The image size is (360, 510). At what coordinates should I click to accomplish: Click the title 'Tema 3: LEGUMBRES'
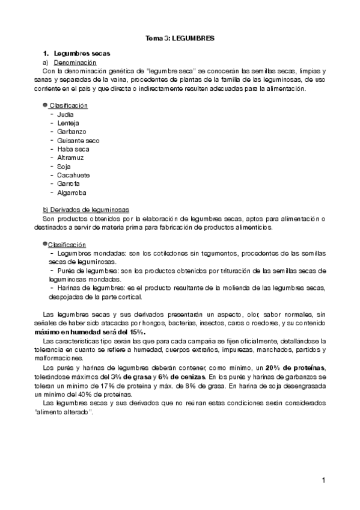[x=180, y=38]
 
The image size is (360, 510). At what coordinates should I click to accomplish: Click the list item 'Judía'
[x=66, y=114]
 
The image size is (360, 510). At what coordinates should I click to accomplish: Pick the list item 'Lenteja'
[x=69, y=123]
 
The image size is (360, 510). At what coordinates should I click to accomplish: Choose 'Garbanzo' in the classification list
[x=72, y=131]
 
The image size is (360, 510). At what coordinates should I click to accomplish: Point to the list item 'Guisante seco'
[x=78, y=140]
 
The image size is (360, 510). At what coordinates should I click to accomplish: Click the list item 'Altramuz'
[x=70, y=158]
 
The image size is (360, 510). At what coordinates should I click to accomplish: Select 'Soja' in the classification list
[x=64, y=166]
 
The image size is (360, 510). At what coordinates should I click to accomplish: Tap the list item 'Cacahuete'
[x=73, y=175]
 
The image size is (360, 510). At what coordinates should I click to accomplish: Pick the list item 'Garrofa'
[x=69, y=183]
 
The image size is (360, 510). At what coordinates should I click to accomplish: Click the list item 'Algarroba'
[x=72, y=192]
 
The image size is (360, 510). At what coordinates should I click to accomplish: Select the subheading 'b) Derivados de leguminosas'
[x=82, y=210]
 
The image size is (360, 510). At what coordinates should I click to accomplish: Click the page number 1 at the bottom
[x=323, y=480]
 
